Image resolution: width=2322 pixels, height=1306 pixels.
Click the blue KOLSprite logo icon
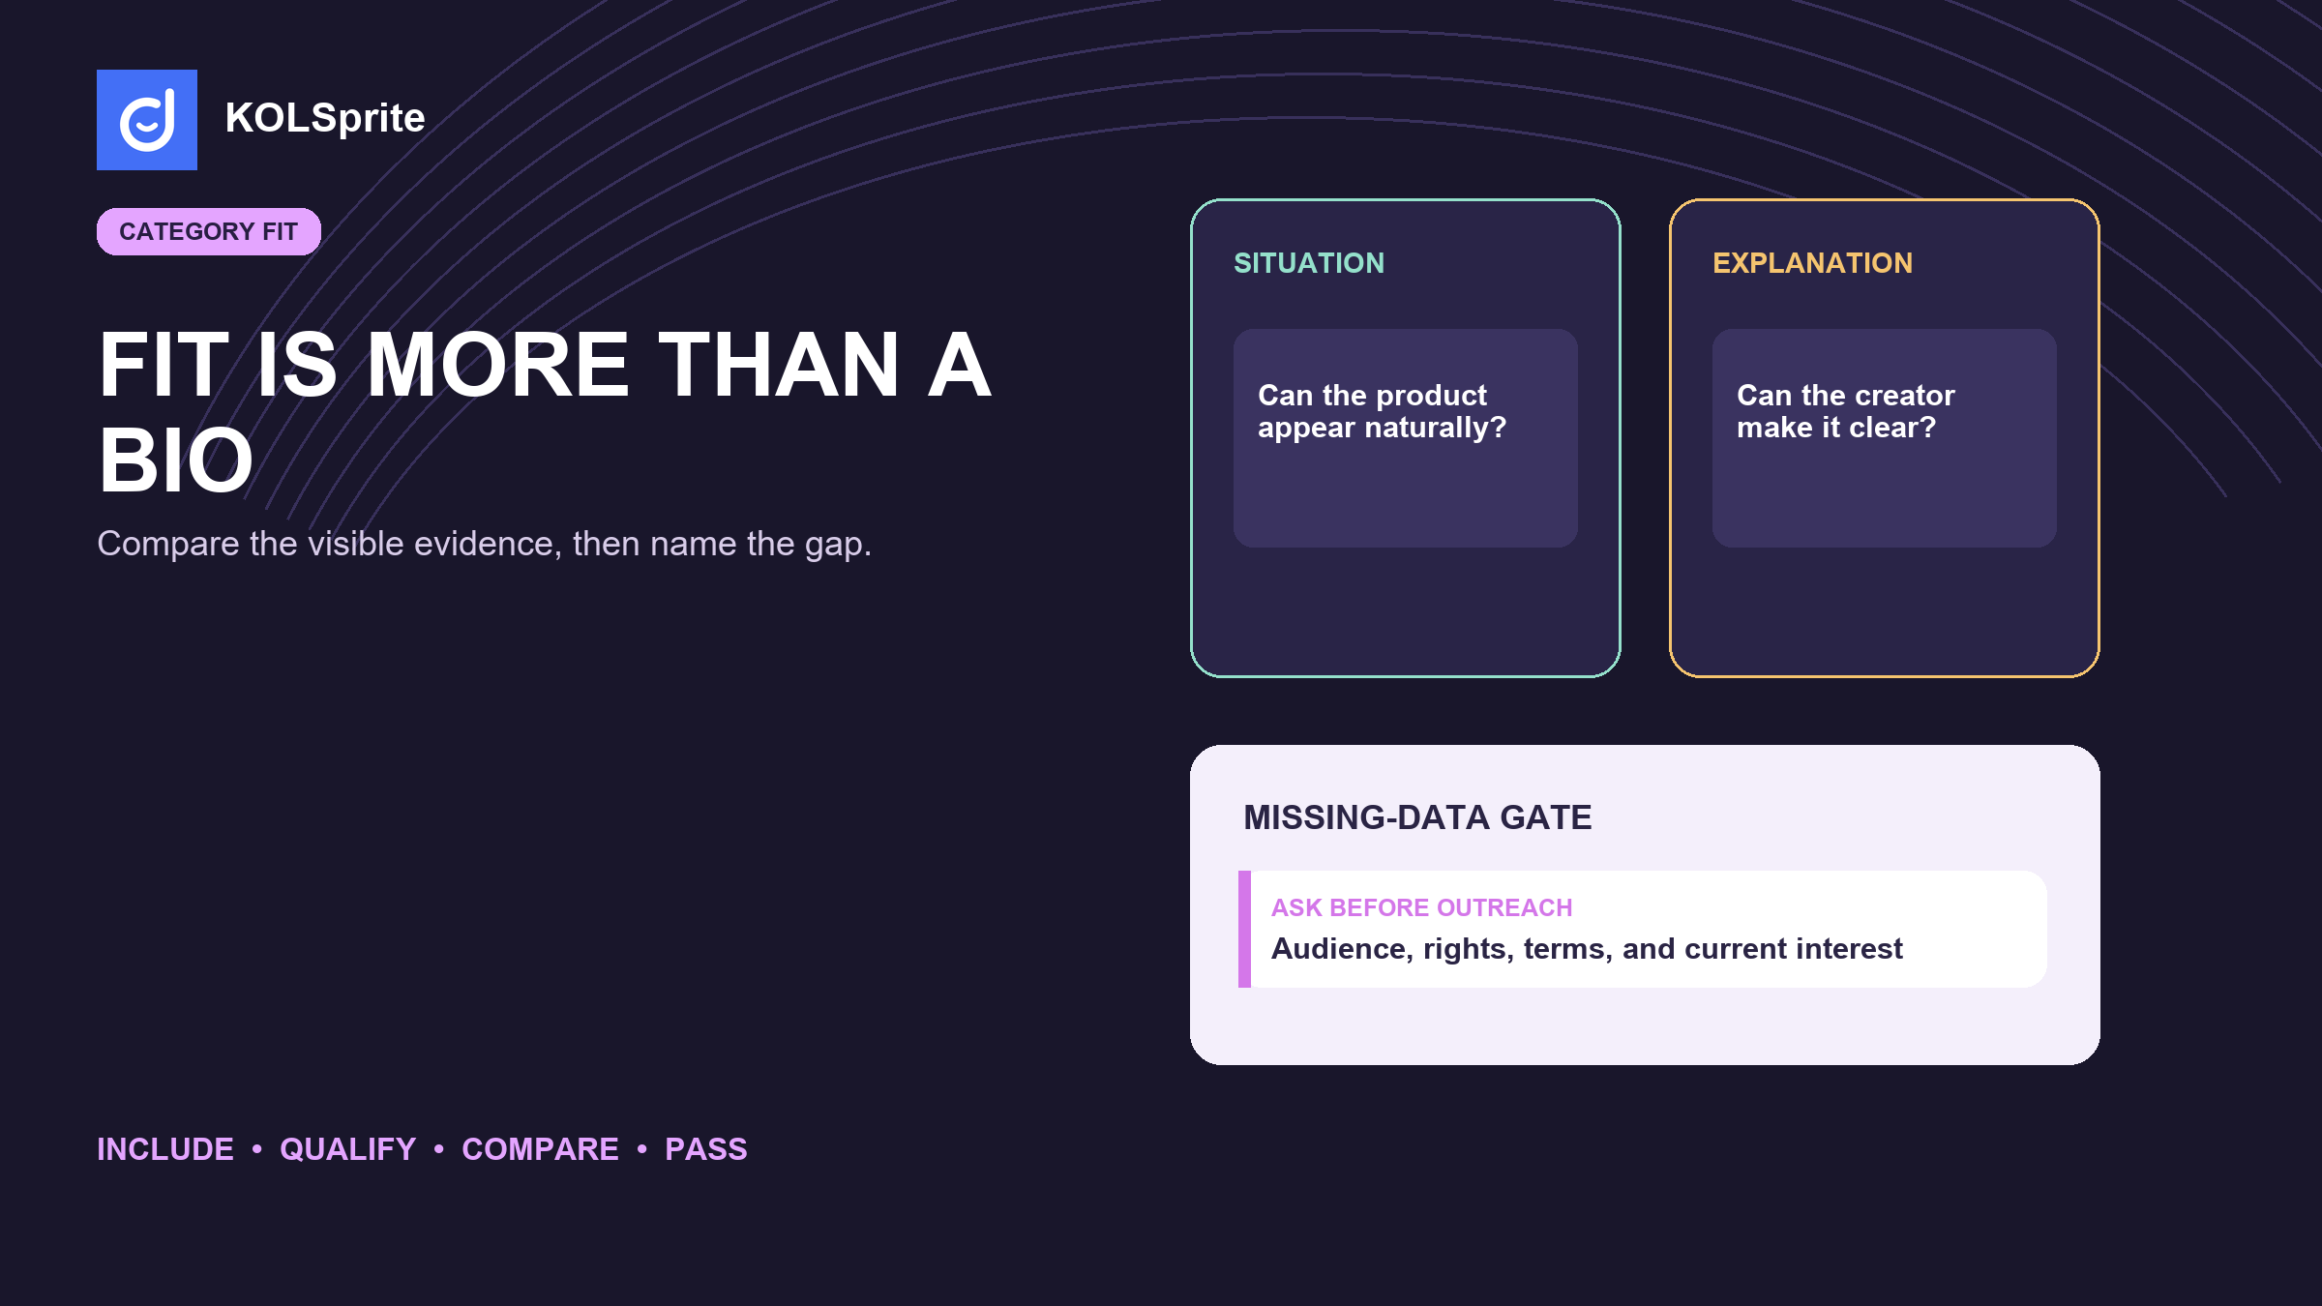(x=147, y=120)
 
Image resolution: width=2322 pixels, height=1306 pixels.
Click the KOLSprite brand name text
(x=325, y=118)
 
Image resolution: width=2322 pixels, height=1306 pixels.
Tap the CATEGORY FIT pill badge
(x=209, y=231)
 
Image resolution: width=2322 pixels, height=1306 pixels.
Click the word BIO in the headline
(x=176, y=460)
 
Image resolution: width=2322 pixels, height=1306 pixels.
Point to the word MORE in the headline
(x=498, y=365)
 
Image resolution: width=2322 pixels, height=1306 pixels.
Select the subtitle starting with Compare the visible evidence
(x=485, y=544)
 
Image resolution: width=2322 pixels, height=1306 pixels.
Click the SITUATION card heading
(x=1309, y=263)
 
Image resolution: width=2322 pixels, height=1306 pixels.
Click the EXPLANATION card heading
(x=1813, y=263)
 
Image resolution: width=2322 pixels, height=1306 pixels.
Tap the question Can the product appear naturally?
(x=1383, y=411)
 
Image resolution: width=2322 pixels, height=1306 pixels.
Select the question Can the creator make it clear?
(x=1846, y=411)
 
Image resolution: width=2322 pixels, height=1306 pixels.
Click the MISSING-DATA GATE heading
(x=1417, y=817)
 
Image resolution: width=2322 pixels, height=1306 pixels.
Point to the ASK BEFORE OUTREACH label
(x=1422, y=907)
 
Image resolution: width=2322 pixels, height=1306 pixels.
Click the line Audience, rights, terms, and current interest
(x=1587, y=949)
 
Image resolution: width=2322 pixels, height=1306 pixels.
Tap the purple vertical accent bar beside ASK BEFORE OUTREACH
(x=1244, y=929)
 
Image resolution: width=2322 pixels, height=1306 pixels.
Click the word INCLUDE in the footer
(x=165, y=1149)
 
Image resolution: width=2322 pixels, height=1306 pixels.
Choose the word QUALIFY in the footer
(x=348, y=1149)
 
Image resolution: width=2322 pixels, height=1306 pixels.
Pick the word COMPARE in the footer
(x=540, y=1149)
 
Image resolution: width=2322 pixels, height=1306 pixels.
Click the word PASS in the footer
(x=706, y=1149)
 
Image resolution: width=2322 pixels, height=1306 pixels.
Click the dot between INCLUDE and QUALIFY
(x=256, y=1148)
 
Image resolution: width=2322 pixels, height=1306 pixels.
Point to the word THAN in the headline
(x=779, y=365)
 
